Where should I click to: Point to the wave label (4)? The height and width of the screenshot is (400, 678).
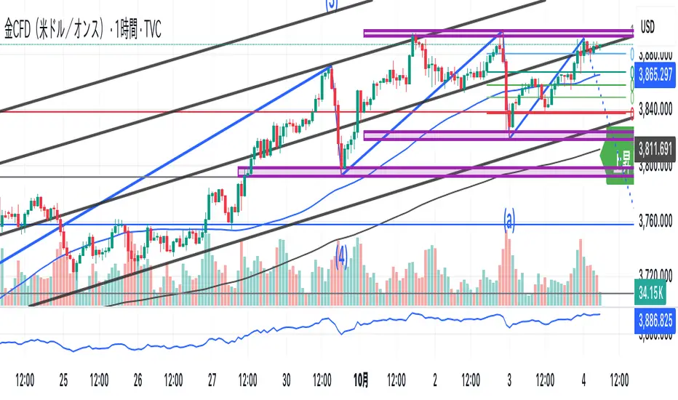point(340,252)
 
